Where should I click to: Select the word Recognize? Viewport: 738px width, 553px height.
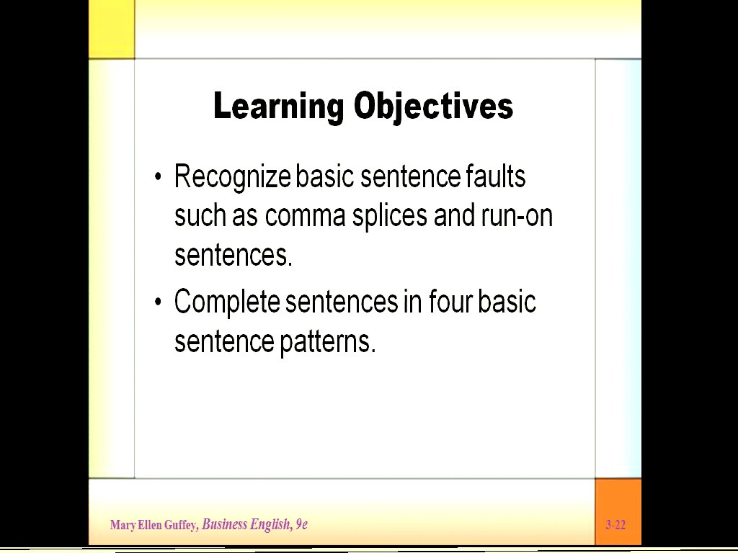click(233, 178)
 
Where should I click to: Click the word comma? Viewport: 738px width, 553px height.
click(305, 217)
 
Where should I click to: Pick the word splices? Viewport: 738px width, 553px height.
click(390, 217)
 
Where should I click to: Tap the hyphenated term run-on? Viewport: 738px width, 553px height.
click(517, 217)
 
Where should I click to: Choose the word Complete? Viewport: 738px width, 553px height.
click(227, 302)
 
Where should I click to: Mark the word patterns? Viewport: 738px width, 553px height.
click(328, 341)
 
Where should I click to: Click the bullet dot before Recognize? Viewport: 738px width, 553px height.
click(158, 177)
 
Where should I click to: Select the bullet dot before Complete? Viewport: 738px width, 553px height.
click(158, 302)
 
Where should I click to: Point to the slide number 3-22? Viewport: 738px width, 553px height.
click(615, 525)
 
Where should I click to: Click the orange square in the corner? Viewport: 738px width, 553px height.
click(618, 512)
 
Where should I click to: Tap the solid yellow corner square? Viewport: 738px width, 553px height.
click(112, 29)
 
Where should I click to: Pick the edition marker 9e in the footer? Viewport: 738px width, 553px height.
click(301, 524)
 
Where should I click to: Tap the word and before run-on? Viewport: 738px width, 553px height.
click(454, 215)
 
